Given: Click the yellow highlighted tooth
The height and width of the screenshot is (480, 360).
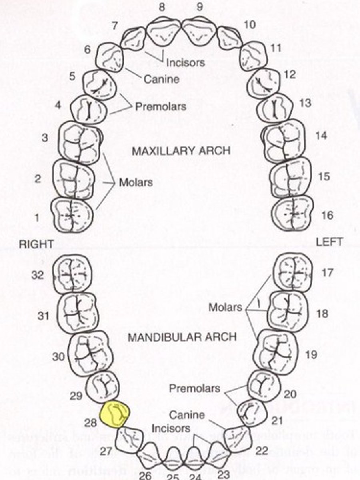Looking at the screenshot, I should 115,414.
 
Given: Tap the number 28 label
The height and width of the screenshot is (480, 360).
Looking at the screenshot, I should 91,422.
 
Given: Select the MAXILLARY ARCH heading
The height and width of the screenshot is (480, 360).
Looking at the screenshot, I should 181,151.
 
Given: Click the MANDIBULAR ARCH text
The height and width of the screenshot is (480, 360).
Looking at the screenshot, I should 182,337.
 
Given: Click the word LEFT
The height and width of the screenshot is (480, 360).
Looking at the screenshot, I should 329,242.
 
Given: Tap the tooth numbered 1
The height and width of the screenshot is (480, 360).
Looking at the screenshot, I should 72,215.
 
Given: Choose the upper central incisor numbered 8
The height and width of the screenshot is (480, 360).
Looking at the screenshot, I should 163,32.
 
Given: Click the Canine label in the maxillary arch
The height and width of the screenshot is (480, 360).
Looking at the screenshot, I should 161,79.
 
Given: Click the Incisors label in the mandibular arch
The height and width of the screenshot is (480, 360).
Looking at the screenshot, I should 171,428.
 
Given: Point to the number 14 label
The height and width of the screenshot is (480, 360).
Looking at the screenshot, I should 321,136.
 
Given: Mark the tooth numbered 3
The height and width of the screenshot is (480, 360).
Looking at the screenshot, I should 80,142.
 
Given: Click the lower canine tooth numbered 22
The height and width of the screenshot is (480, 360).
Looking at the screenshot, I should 238,439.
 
